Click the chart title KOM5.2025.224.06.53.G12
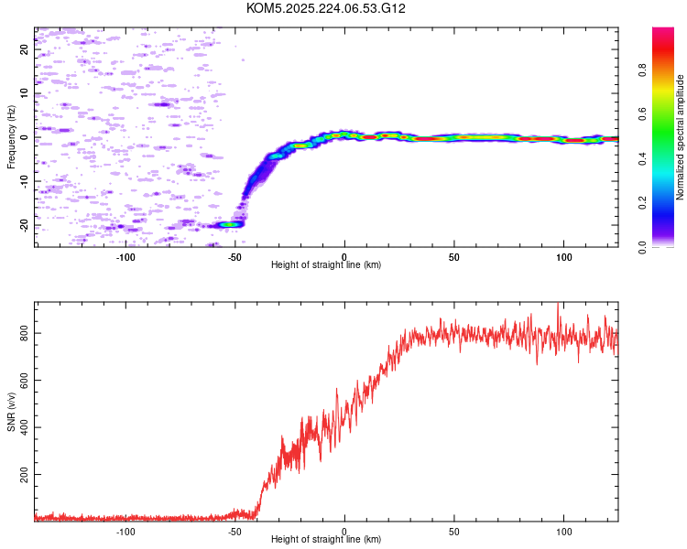[325, 8]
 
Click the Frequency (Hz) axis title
[11, 137]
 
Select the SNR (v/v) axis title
[11, 412]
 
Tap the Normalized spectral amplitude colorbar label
[680, 137]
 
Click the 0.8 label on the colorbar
[642, 70]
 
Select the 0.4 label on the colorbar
[642, 158]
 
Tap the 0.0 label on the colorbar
[642, 247]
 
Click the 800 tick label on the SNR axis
[25, 333]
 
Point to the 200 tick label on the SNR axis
[25, 474]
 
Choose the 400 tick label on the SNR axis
[25, 427]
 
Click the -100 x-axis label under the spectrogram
[125, 257]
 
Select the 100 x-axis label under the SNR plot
[564, 532]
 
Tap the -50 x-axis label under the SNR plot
[234, 532]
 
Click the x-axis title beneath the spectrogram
[326, 264]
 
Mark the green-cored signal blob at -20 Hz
[228, 224]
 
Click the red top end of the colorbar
[663, 30]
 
